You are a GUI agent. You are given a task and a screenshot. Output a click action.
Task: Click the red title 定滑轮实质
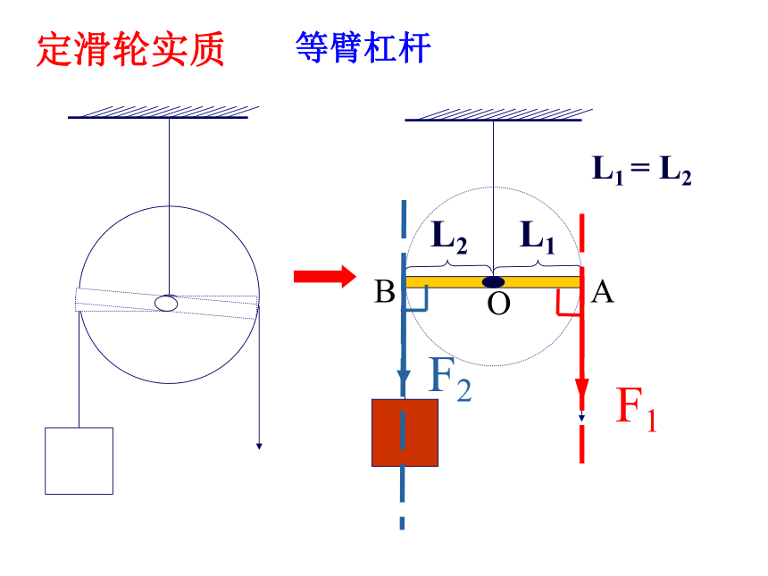coord(130,49)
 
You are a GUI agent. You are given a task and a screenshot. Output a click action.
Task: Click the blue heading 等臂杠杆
coord(363,47)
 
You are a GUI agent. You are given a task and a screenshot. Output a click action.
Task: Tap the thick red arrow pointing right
coord(325,277)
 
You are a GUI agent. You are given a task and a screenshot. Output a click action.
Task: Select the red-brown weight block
coord(405,432)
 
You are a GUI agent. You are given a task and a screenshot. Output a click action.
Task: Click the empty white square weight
coord(79,461)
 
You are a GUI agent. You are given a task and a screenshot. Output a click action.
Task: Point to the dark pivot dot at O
coord(493,282)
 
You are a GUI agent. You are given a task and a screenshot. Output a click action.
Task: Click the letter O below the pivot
coord(498,304)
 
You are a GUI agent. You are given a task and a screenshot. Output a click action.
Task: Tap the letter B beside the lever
coord(385,292)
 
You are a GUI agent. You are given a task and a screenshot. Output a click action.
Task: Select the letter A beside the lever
coord(602,292)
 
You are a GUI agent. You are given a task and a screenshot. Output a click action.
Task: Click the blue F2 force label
coord(449,380)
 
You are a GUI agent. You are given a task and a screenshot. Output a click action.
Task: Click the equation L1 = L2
coord(641,170)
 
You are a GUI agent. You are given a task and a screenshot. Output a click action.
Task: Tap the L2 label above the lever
coord(448,237)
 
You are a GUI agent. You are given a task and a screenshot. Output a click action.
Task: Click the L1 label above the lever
coord(537,237)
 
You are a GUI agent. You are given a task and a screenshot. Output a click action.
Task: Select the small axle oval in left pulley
coord(166,304)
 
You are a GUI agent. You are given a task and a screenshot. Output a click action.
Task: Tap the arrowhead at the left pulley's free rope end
coord(259,447)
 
